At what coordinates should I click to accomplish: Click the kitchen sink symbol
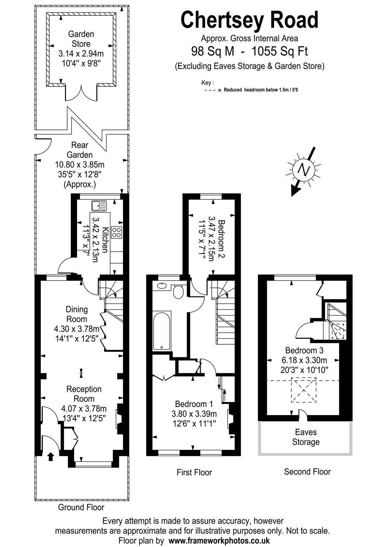[x=99, y=205]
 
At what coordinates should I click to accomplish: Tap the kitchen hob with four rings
[x=116, y=232]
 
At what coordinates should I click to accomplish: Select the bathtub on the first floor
[x=161, y=331]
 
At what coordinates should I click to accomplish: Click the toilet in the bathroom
[x=178, y=291]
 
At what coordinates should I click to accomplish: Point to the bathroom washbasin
[x=162, y=285]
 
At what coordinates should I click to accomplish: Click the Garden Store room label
[x=81, y=39]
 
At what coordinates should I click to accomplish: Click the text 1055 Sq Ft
[x=279, y=51]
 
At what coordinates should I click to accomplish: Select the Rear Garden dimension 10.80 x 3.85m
[x=80, y=165]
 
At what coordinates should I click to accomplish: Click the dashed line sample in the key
[x=210, y=90]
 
